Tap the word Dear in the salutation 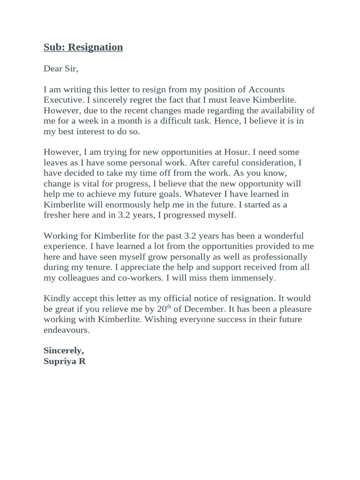[53, 69]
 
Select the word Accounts [267, 89]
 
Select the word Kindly [57, 298]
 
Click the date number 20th [160, 309]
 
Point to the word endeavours [66, 330]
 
